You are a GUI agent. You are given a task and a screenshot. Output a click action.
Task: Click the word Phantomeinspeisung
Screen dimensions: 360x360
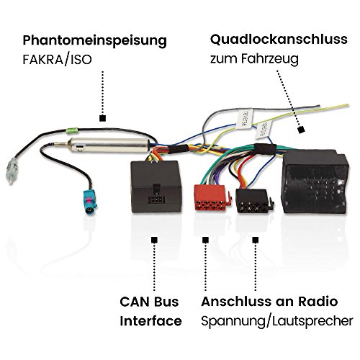[94, 41]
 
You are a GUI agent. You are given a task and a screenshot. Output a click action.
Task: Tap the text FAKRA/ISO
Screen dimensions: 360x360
[57, 60]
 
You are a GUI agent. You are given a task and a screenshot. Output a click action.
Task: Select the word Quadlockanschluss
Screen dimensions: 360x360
[279, 40]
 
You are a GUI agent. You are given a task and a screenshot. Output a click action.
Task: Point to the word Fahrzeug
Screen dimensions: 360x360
[270, 59]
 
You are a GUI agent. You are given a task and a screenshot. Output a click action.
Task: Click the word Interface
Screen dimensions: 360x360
[150, 321]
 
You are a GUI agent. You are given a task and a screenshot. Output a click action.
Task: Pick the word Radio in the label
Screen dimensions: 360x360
[318, 302]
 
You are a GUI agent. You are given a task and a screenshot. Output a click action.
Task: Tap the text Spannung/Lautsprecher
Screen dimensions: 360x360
[277, 321]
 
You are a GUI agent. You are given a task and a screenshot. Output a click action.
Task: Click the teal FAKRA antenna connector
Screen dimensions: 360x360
[89, 201]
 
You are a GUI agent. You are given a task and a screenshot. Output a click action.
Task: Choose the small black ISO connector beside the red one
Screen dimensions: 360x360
[254, 201]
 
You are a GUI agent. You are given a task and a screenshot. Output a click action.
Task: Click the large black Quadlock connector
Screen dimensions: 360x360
[315, 182]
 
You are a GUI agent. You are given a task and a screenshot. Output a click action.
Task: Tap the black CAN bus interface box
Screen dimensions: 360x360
[156, 186]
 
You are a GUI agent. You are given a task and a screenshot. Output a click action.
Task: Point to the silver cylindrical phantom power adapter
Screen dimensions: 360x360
[108, 145]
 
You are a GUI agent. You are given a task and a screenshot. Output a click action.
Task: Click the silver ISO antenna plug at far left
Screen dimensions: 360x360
[11, 171]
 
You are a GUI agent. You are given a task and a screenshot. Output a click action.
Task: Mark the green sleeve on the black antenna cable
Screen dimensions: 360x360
[71, 131]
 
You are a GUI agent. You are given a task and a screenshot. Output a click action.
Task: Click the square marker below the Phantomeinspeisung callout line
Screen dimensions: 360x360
[103, 118]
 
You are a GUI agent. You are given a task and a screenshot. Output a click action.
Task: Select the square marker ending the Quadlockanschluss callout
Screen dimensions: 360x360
[301, 130]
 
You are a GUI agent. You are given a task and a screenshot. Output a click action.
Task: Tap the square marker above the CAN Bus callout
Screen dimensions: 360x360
[154, 240]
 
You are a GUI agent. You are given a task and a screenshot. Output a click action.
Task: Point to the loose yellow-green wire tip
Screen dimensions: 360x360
[347, 105]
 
